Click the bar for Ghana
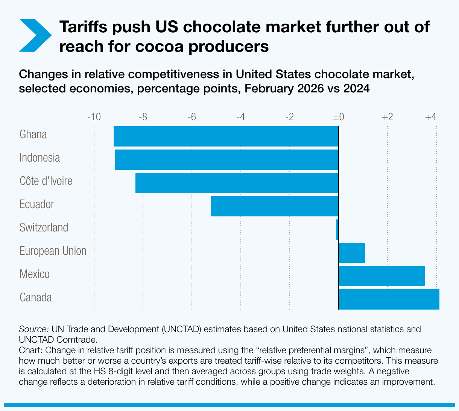[x=226, y=136]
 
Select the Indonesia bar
[x=226, y=160]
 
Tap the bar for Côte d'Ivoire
[x=237, y=183]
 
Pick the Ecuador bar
[x=275, y=206]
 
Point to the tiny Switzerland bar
[x=337, y=230]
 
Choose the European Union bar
[x=352, y=253]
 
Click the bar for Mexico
[x=382, y=276]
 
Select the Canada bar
[x=389, y=299]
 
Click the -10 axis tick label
[x=94, y=117]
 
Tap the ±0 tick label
[x=339, y=117]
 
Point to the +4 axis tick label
[x=430, y=117]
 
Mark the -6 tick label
[x=192, y=117]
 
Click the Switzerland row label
[x=44, y=228]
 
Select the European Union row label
[x=53, y=251]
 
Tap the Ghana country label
[x=33, y=134]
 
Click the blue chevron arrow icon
[x=35, y=35]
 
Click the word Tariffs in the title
[x=84, y=27]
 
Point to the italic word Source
[x=33, y=329]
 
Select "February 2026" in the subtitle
[x=284, y=89]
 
